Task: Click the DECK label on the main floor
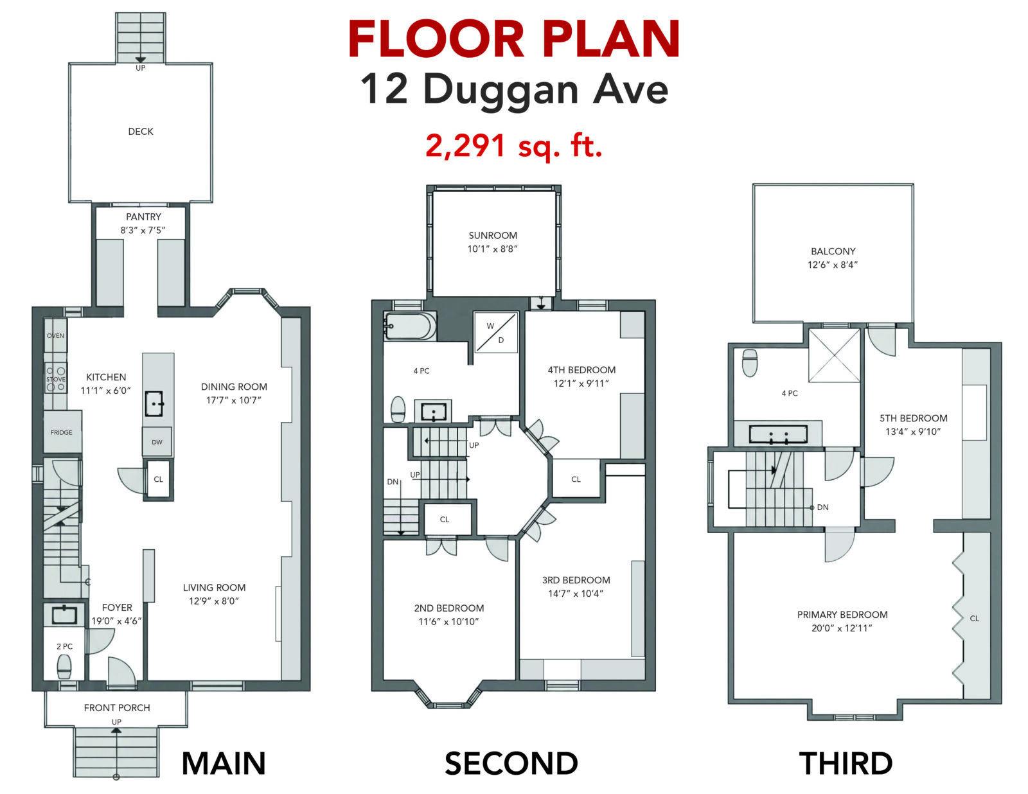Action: click(141, 132)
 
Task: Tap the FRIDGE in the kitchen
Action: click(62, 431)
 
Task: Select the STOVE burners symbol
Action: click(55, 379)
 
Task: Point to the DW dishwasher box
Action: click(157, 442)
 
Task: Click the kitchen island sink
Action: click(154, 403)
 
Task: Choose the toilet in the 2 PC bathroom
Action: click(64, 667)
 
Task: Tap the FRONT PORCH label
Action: click(117, 708)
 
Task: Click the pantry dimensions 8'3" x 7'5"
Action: click(143, 231)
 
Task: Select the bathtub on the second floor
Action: click(410, 325)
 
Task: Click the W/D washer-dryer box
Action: click(496, 333)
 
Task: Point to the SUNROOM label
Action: click(493, 236)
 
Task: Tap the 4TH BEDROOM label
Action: click(582, 370)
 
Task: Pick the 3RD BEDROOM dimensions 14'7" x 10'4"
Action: click(576, 594)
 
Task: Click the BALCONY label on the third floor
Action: click(833, 252)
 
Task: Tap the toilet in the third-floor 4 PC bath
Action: click(750, 363)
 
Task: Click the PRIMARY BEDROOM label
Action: click(842, 615)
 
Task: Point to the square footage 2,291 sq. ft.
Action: click(514, 146)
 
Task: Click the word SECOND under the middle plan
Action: click(511, 763)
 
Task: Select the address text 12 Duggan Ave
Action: click(514, 90)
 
